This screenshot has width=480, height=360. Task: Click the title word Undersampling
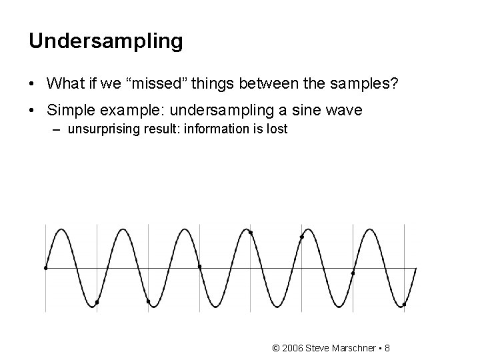pyautogui.click(x=105, y=41)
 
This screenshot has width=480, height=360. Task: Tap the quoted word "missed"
pyautogui.click(x=157, y=83)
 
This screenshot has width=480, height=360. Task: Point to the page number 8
pyautogui.click(x=387, y=349)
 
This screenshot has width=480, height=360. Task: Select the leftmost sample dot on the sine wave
pyautogui.click(x=45, y=268)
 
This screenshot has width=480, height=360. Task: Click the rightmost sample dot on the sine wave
pyautogui.click(x=404, y=305)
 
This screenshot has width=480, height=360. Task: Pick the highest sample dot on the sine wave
pyautogui.click(x=251, y=232)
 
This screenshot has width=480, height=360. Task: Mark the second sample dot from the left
pyautogui.click(x=97, y=302)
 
